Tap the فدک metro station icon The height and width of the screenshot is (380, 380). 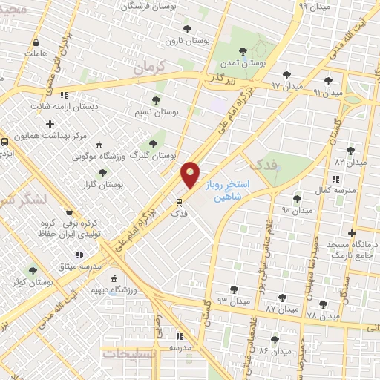pos(179,201)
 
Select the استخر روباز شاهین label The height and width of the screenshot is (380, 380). pos(232,191)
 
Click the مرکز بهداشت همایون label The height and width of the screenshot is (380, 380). pos(76,137)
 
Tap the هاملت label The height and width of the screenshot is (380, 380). pos(35,54)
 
